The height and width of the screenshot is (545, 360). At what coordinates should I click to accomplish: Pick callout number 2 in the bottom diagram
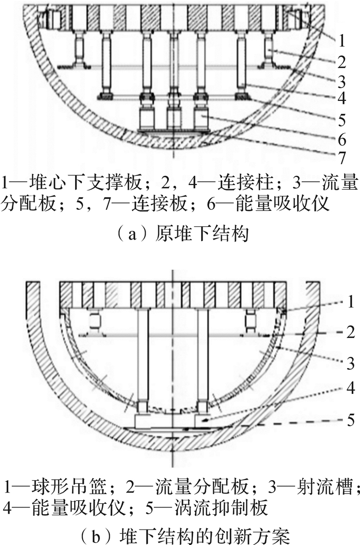tap(350, 333)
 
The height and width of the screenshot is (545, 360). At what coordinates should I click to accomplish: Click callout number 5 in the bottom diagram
tap(350, 420)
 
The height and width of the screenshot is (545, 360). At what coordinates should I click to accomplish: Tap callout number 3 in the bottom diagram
tap(350, 363)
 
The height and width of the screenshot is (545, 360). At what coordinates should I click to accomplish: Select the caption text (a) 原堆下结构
tap(180, 233)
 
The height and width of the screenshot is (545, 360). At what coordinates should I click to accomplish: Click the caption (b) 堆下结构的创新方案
tap(180, 536)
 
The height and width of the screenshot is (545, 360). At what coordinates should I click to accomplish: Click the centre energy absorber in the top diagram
tap(173, 118)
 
